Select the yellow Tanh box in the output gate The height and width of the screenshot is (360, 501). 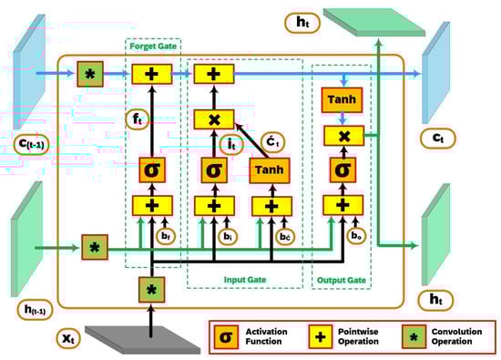(x=341, y=100)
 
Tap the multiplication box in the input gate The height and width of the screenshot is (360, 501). (x=213, y=119)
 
